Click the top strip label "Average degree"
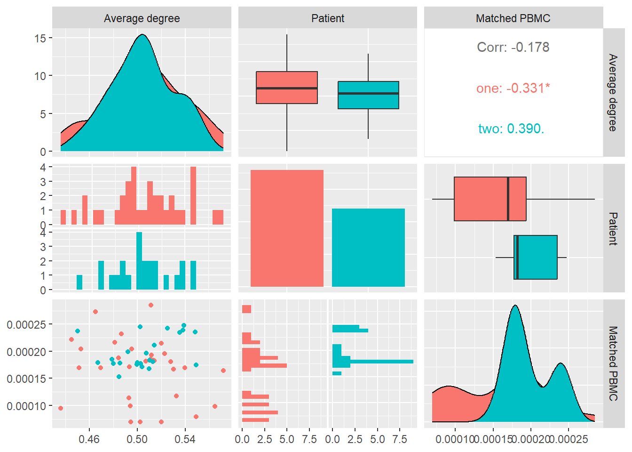pyautogui.click(x=142, y=18)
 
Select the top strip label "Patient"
pyautogui.click(x=328, y=18)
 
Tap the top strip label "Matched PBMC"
pyautogui.click(x=513, y=18)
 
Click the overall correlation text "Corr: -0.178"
pyautogui.click(x=513, y=47)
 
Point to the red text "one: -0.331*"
pyautogui.click(x=513, y=88)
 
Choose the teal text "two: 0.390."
pyautogui.click(x=511, y=129)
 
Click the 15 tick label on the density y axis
pyautogui.click(x=40, y=38)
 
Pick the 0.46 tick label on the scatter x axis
pyautogui.click(x=89, y=439)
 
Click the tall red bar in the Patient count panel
pyautogui.click(x=287, y=228)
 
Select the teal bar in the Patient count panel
pyautogui.click(x=368, y=248)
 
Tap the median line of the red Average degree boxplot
pyautogui.click(x=287, y=88)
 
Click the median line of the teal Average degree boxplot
pyautogui.click(x=368, y=93)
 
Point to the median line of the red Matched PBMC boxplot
pyautogui.click(x=508, y=199)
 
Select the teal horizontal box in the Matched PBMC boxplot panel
pyautogui.click(x=536, y=257)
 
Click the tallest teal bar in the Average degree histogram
pyautogui.click(x=139, y=261)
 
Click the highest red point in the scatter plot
pyautogui.click(x=151, y=305)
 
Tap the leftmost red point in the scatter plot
pyautogui.click(x=61, y=408)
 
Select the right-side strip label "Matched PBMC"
pyautogui.click(x=613, y=363)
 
